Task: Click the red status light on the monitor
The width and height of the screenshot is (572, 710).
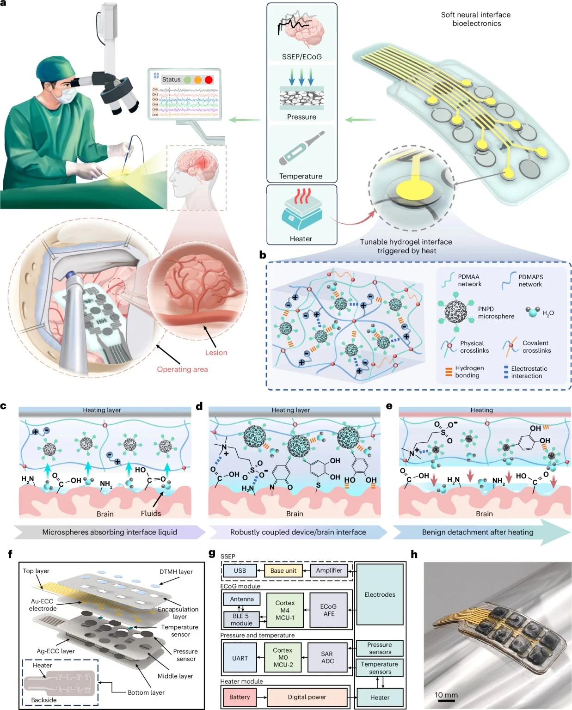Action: tap(209, 80)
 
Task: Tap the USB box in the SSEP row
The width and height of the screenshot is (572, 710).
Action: tap(240, 570)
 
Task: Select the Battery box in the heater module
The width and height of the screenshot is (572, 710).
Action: tap(239, 697)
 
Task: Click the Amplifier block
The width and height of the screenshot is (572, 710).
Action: tap(329, 570)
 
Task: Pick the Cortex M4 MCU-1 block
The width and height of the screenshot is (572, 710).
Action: tap(284, 610)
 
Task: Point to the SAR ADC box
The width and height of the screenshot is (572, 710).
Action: tap(327, 657)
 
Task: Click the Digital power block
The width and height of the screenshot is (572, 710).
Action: tap(307, 697)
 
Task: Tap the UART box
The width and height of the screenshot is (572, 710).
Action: tap(240, 658)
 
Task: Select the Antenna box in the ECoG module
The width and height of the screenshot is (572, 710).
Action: tap(241, 599)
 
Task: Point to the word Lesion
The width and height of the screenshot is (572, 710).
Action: tap(216, 352)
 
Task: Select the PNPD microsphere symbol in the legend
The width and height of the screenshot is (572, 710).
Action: tap(456, 312)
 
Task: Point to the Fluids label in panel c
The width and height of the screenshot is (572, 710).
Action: tap(151, 513)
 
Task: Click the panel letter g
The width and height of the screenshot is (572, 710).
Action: tap(212, 553)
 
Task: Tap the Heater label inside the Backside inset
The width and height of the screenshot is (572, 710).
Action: tap(42, 665)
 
